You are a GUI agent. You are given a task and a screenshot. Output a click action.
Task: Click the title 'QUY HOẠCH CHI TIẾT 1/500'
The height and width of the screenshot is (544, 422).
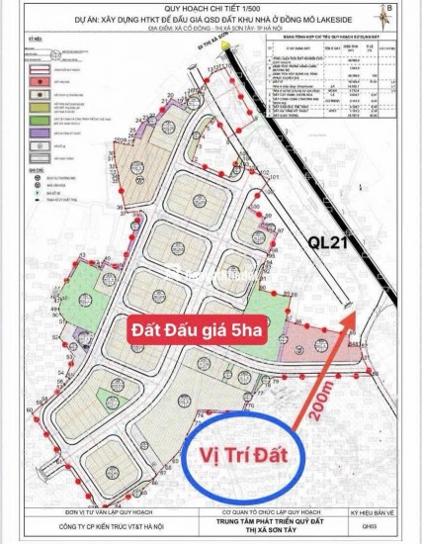pyautogui.click(x=211, y=16)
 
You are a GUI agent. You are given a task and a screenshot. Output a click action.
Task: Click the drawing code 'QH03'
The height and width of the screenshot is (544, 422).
pyautogui.click(x=371, y=527)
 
